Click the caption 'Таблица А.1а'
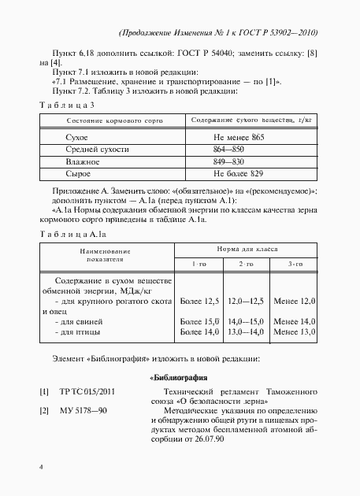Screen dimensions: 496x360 (x=72, y=234)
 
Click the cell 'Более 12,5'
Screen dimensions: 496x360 (x=199, y=302)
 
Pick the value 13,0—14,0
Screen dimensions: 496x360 (x=244, y=333)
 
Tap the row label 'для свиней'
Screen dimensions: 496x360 (x=72, y=322)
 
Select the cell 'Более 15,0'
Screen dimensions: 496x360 (x=199, y=322)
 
